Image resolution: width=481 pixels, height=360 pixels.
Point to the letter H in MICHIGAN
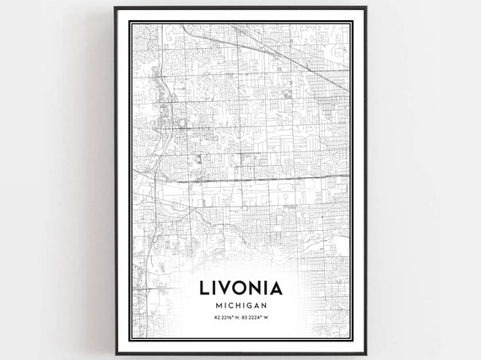coord(232,305)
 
